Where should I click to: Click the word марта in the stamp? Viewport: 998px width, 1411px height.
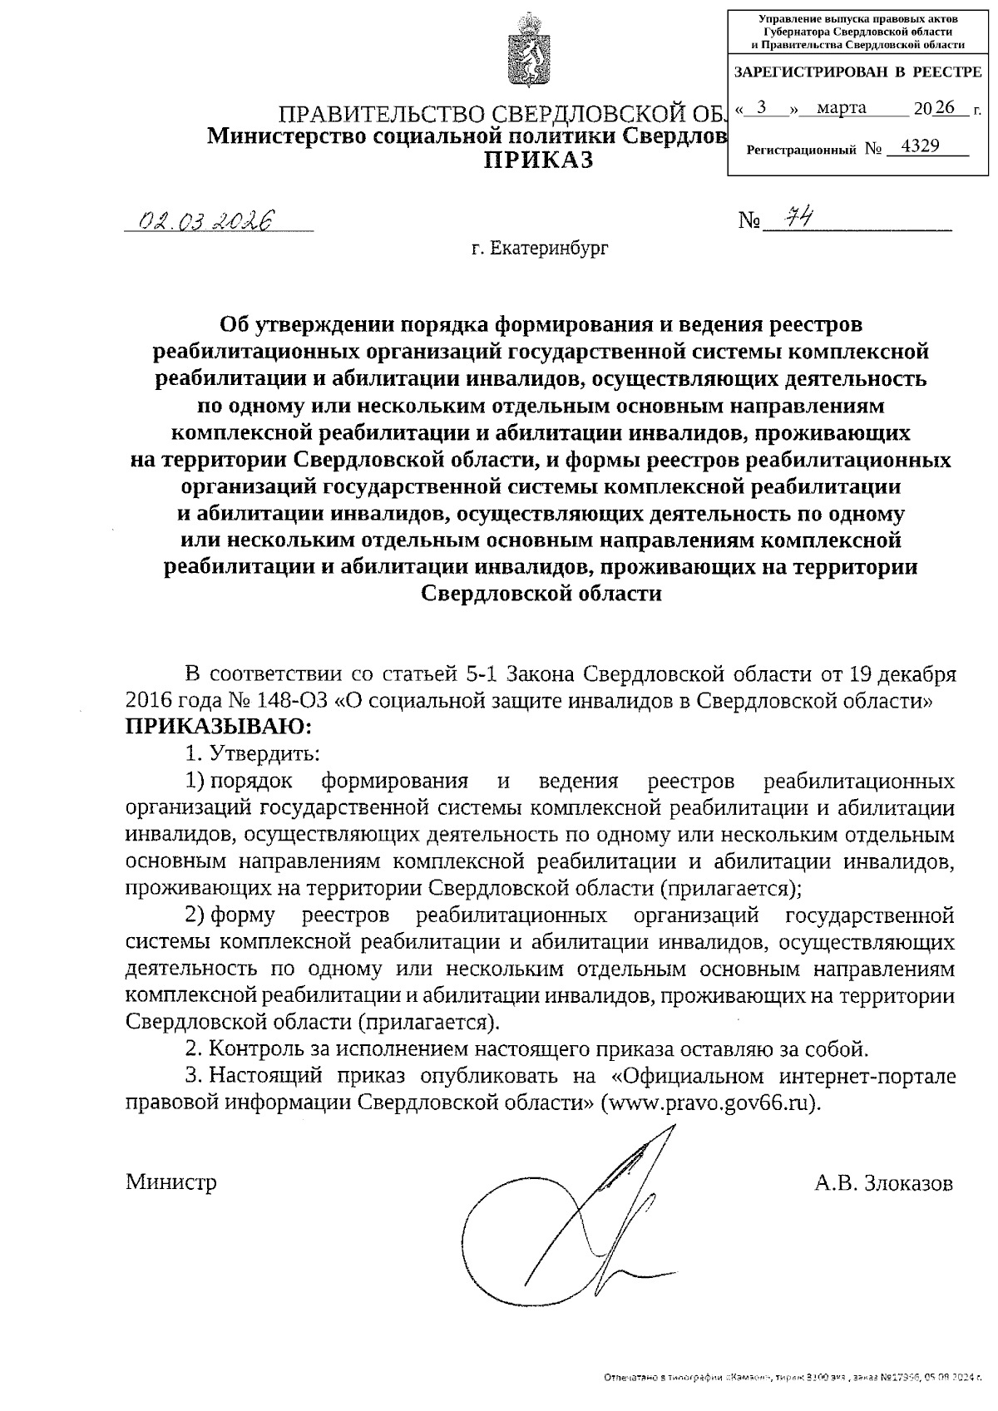[841, 107]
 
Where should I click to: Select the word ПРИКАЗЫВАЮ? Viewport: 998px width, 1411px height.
[219, 727]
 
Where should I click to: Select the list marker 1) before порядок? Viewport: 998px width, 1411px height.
[194, 782]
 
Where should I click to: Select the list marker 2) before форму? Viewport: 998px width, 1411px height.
[194, 915]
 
